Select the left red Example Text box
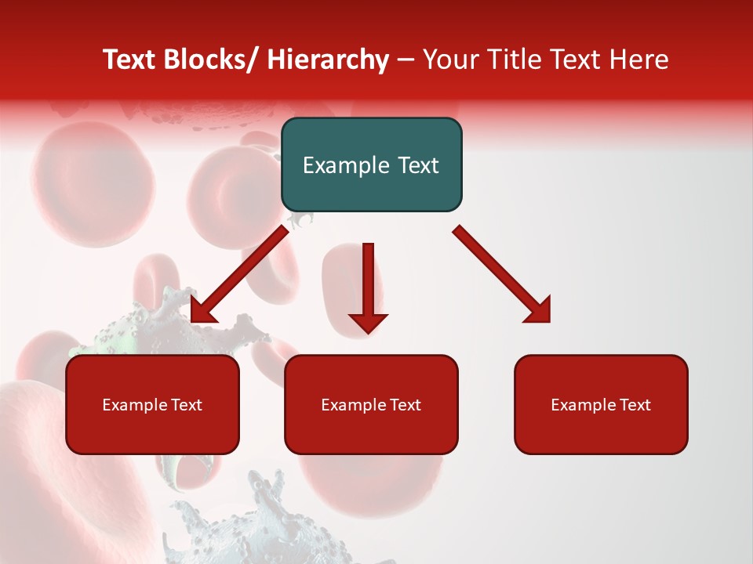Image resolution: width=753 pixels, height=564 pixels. click(152, 404)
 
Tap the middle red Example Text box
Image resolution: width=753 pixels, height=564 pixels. click(371, 404)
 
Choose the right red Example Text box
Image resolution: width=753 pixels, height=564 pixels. click(601, 404)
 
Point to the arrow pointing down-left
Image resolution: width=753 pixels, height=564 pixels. click(240, 275)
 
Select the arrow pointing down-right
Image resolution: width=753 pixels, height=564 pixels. click(502, 274)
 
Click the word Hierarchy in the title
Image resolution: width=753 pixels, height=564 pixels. click(328, 60)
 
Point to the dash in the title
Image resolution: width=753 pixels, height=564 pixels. click(406, 60)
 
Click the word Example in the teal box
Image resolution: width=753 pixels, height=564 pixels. click(346, 165)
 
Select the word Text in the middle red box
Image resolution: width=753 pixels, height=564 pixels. click(404, 405)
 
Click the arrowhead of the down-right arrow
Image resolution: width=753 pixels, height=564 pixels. click(538, 310)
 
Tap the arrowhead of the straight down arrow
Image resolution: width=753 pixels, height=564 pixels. click(368, 322)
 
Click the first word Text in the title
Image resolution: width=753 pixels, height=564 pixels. click(131, 60)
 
